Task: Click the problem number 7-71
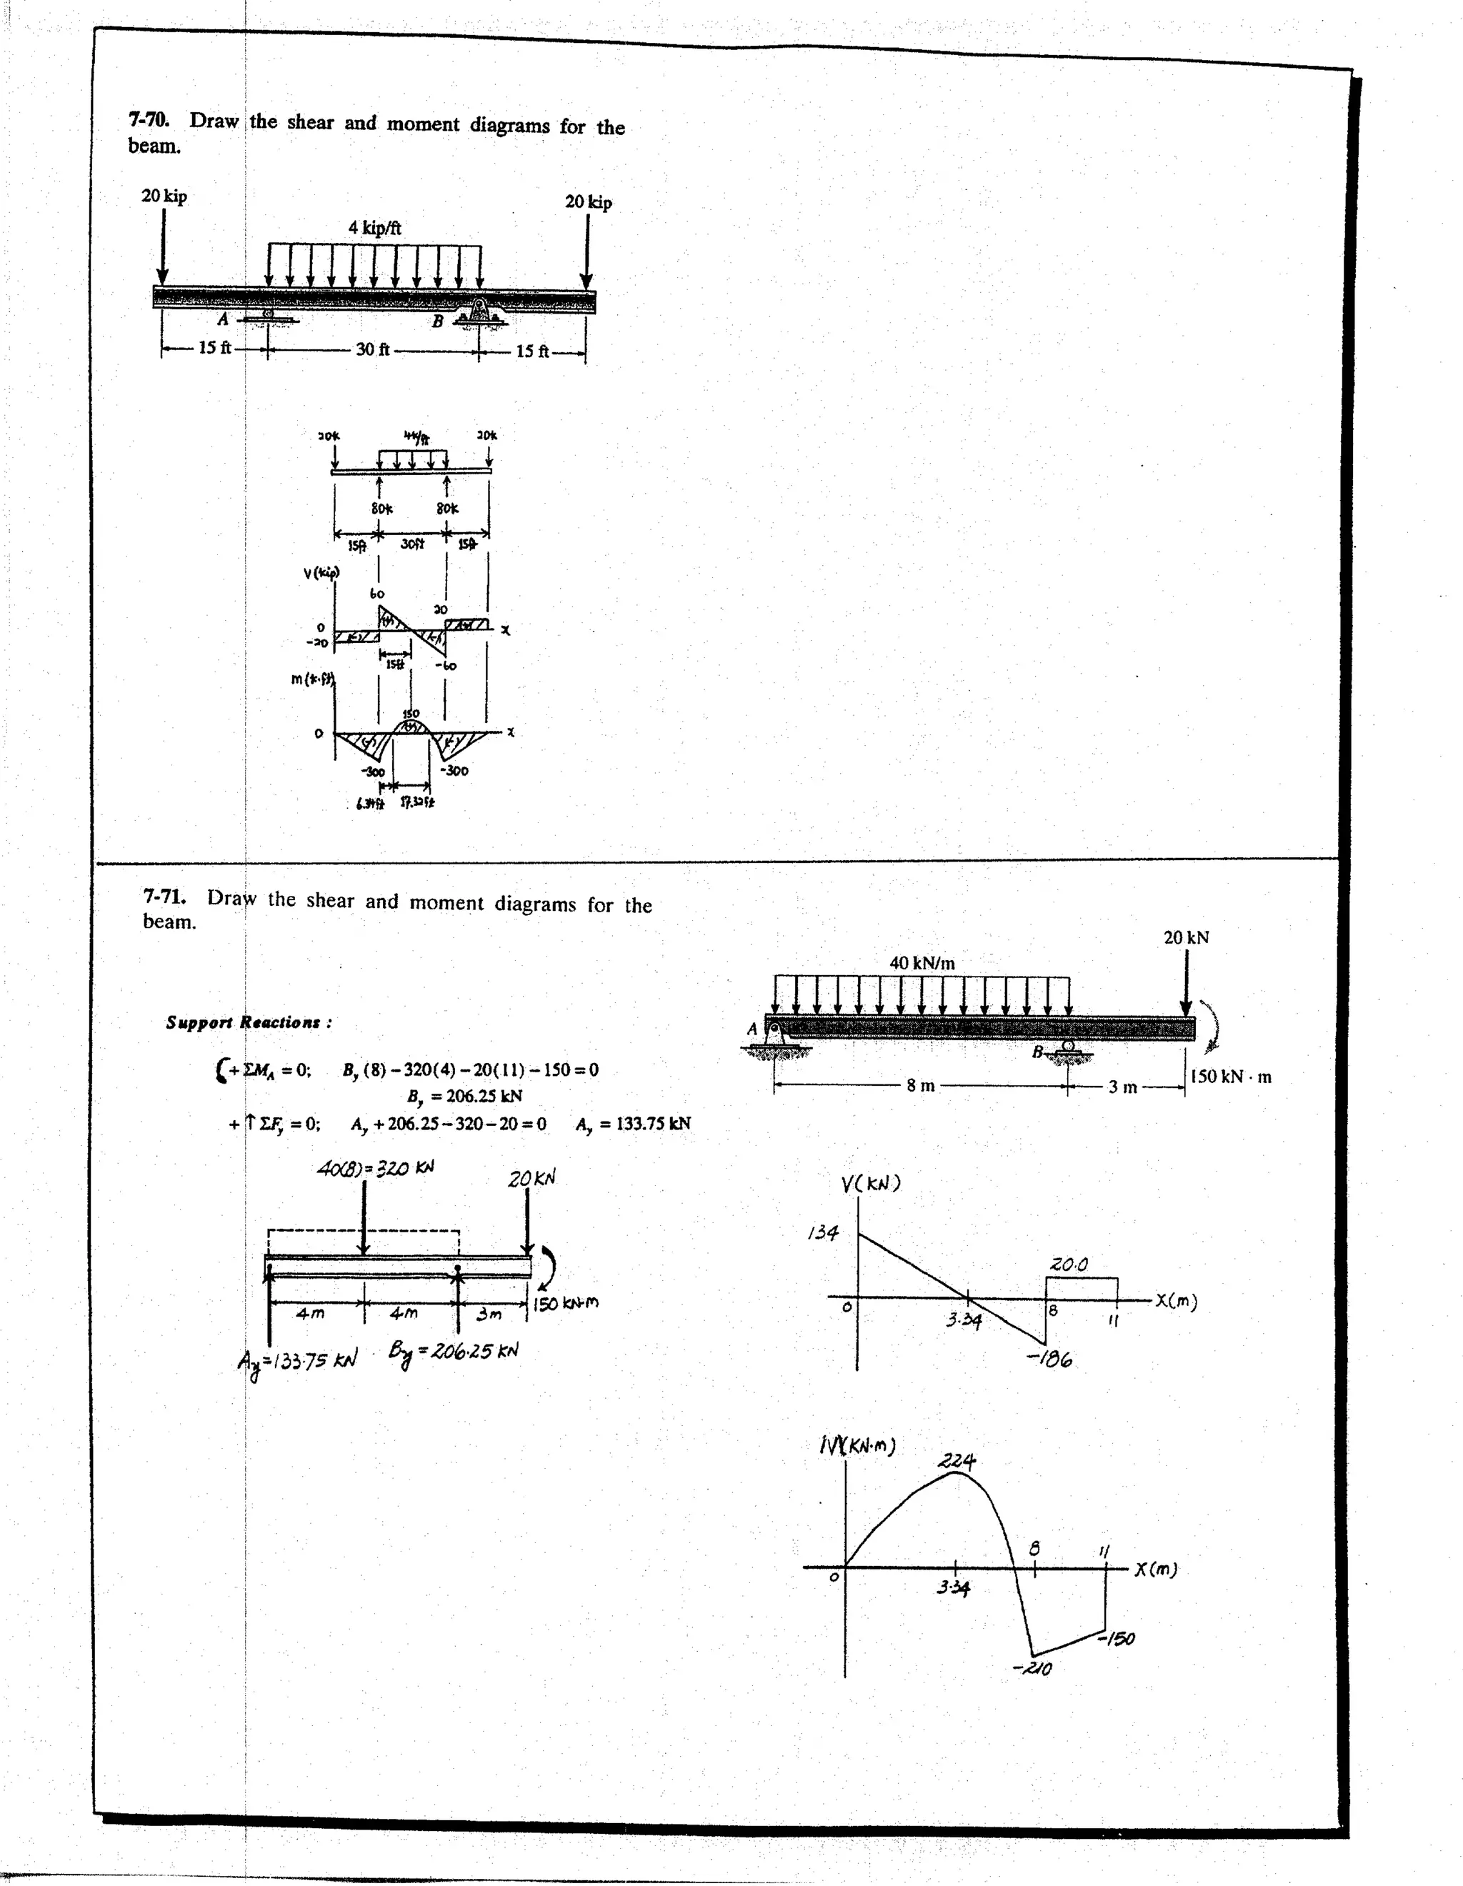click(x=164, y=896)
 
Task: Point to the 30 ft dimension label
click(x=372, y=350)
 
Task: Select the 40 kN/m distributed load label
click(x=922, y=963)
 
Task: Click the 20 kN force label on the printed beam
click(x=1186, y=938)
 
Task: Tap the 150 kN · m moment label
click(x=1230, y=1077)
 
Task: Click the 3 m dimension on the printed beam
click(x=1123, y=1087)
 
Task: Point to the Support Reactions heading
click(x=249, y=1022)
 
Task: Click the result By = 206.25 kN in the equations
click(x=464, y=1097)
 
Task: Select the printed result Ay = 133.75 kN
click(x=632, y=1124)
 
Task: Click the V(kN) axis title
click(x=871, y=1183)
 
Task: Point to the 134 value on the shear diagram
click(x=822, y=1232)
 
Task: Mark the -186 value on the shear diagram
click(x=1049, y=1360)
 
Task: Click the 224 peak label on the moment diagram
click(x=957, y=1461)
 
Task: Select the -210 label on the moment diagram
click(x=1032, y=1668)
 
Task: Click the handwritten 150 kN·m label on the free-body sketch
click(x=565, y=1303)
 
